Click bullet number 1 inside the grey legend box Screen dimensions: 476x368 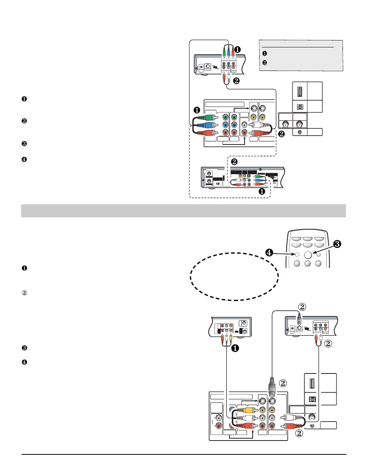click(x=265, y=54)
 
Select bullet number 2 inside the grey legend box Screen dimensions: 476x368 click(x=265, y=62)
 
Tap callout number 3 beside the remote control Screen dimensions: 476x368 click(x=337, y=244)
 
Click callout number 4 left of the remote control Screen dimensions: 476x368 click(x=269, y=253)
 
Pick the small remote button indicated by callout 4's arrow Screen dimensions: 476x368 click(x=297, y=254)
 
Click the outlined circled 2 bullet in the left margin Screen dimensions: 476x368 click(x=24, y=293)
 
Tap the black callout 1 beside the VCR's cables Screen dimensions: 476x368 click(x=235, y=348)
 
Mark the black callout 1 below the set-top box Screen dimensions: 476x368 click(x=262, y=191)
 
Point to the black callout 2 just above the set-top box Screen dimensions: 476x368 click(x=234, y=162)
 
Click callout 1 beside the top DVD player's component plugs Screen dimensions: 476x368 click(x=238, y=50)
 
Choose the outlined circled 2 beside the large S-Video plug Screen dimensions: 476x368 click(x=283, y=383)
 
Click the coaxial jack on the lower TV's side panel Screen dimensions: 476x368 click(x=311, y=418)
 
